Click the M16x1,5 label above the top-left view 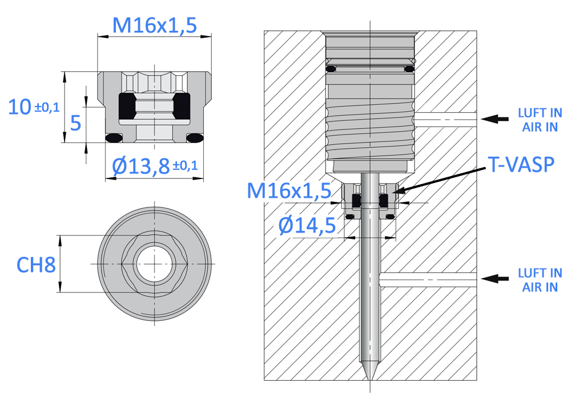[154, 26]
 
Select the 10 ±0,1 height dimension [34, 107]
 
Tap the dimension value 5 [75, 123]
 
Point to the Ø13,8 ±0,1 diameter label [155, 166]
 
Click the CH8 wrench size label [36, 264]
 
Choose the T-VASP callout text [521, 165]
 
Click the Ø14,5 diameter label [307, 225]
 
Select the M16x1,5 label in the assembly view [289, 190]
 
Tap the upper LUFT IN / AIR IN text [540, 120]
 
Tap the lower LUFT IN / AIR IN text [540, 280]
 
